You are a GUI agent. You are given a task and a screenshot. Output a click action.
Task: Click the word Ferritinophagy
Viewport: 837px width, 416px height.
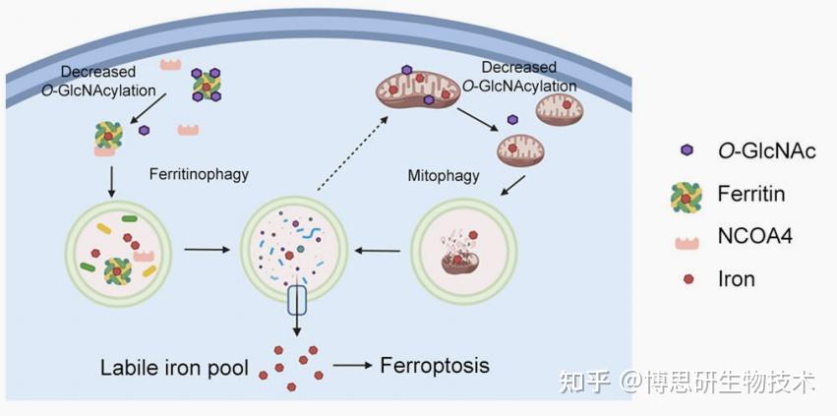[199, 175]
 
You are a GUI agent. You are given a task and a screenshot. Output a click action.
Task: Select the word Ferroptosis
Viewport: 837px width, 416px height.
[435, 366]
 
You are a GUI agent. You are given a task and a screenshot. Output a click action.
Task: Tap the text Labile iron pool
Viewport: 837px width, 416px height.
[176, 369]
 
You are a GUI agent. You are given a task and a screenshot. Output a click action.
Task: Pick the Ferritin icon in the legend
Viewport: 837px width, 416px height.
[687, 195]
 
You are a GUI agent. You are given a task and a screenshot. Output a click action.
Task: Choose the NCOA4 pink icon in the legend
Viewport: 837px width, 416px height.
[687, 237]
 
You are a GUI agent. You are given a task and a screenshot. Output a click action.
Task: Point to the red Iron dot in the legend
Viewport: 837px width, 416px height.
[687, 278]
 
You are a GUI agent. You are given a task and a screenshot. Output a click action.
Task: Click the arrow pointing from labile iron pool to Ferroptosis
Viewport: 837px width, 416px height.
[353, 366]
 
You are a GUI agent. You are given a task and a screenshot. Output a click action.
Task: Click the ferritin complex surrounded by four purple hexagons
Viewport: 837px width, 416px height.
[207, 87]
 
